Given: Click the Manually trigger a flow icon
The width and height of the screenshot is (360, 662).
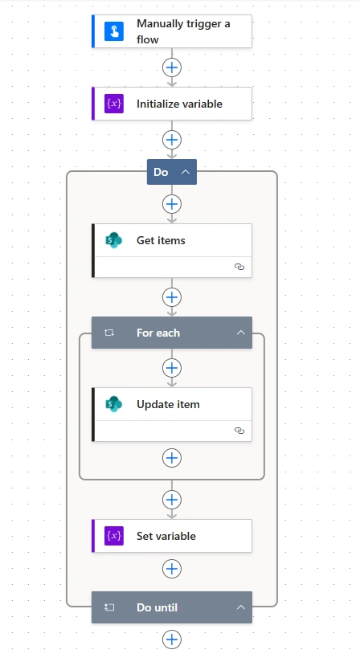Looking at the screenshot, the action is (x=114, y=31).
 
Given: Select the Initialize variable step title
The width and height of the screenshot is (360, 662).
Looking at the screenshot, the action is (x=179, y=104).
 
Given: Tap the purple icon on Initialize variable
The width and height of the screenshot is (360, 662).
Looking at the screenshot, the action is (x=114, y=104).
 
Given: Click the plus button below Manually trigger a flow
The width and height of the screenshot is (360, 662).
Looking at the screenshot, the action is (x=172, y=67).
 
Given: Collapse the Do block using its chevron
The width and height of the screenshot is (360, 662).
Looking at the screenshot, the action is (x=186, y=172).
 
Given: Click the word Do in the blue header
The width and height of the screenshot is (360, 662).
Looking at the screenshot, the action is (x=161, y=172).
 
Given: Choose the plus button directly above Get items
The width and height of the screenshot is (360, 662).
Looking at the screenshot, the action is (x=172, y=204).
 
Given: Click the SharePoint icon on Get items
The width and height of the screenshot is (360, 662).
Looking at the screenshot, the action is (x=114, y=240).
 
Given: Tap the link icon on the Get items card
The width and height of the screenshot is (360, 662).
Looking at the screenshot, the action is (x=239, y=267).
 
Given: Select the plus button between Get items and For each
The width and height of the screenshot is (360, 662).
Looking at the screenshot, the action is (x=172, y=297).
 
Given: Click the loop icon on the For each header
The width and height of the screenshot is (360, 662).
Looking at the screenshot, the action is (x=109, y=333).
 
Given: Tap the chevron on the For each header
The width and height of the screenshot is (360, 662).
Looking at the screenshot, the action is (x=240, y=333).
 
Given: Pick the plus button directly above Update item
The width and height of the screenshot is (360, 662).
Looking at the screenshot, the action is (x=172, y=368).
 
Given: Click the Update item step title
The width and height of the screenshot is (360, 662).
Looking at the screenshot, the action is (x=168, y=404).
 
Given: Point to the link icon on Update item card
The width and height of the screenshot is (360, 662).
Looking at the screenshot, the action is (x=239, y=431).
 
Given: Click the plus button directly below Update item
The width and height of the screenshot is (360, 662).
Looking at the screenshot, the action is (x=172, y=458).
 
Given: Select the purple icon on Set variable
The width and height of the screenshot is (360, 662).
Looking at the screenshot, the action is (x=114, y=536).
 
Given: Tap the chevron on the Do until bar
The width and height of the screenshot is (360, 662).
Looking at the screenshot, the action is (x=240, y=607).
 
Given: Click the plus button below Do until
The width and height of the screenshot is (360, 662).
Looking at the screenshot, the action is (x=172, y=640).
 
